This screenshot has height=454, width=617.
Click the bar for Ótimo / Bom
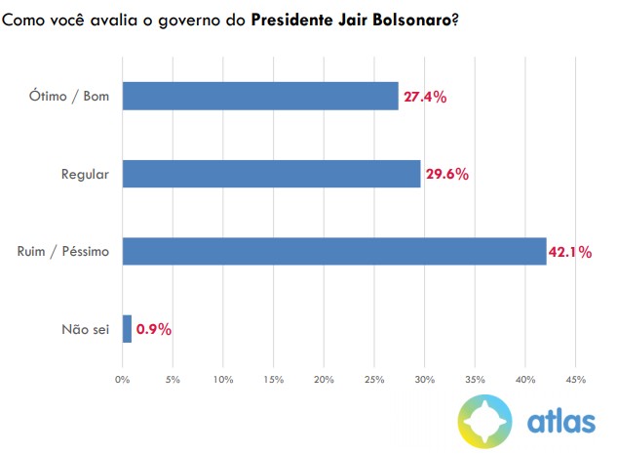pyautogui.click(x=260, y=96)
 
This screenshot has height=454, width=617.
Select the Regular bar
pyautogui.click(x=271, y=174)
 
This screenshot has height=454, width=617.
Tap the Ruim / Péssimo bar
pyautogui.click(x=334, y=251)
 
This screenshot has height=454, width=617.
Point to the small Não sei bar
pyautogui.click(x=127, y=329)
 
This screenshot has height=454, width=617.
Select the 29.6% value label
pyautogui.click(x=446, y=175)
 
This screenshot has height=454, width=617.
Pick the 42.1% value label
pyautogui.click(x=570, y=252)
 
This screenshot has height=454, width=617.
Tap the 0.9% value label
pyautogui.click(x=154, y=330)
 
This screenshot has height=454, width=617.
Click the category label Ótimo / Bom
pyautogui.click(x=70, y=97)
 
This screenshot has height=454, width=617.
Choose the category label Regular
pyautogui.click(x=85, y=175)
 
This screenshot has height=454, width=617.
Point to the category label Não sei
pyautogui.click(x=85, y=330)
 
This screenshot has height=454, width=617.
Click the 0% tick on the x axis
pyautogui.click(x=123, y=379)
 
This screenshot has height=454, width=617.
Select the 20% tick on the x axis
pyautogui.click(x=324, y=379)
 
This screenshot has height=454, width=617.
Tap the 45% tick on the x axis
pyautogui.click(x=575, y=379)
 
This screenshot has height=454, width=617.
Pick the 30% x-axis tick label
pyautogui.click(x=424, y=379)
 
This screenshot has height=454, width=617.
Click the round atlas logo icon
pyautogui.click(x=487, y=421)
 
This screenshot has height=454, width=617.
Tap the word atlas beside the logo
pyautogui.click(x=560, y=422)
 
